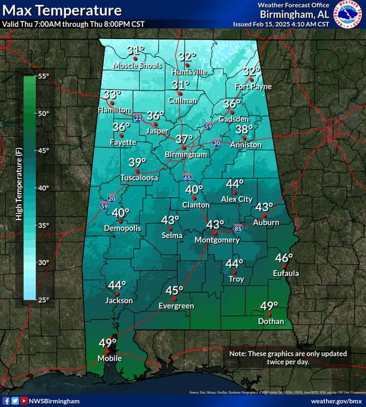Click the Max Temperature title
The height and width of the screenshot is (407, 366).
pos(61,10)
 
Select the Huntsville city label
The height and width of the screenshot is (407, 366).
pos(189,72)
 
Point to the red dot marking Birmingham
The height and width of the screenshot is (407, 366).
pos(184,148)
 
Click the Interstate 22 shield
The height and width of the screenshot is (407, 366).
pos(139,118)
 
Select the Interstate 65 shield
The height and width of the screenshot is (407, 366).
pos(188,177)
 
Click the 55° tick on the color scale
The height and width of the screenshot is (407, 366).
pos(43,76)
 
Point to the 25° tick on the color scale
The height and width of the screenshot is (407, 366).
pos(43,300)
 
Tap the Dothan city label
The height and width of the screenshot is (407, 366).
pos(271,321)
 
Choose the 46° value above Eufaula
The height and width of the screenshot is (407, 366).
pos(284,257)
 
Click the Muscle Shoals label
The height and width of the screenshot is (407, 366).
pos(136,65)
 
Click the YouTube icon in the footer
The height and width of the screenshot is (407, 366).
pos(24,401)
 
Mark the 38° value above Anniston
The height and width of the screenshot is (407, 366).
pos(244,129)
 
